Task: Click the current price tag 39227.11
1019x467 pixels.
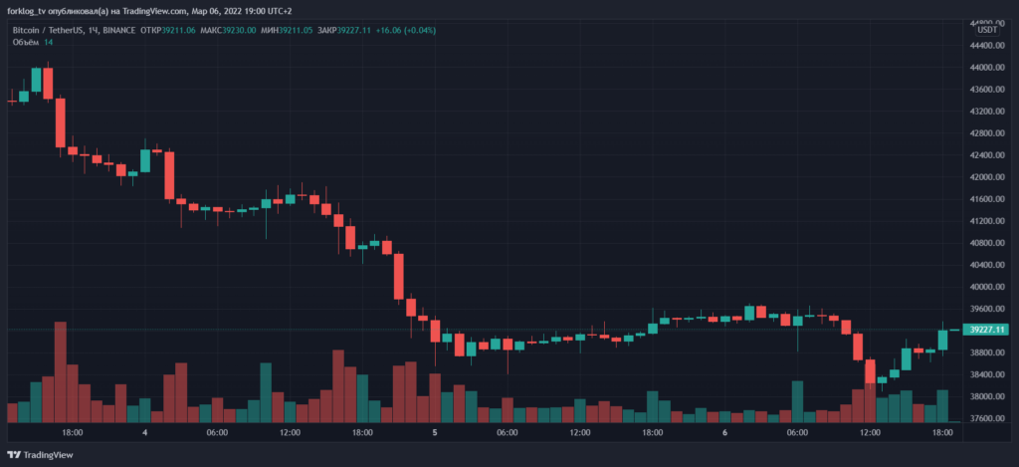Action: [x=987, y=330]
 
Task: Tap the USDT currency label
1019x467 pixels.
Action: [x=987, y=30]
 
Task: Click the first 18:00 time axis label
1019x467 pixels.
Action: [x=72, y=433]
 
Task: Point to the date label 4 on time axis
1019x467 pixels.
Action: [x=145, y=433]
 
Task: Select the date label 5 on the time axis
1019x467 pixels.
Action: [x=435, y=433]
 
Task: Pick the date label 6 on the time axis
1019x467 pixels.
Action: [x=724, y=433]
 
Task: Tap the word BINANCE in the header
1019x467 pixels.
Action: [x=119, y=30]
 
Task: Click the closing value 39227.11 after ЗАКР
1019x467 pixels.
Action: [x=353, y=30]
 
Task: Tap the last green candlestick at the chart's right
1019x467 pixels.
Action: [x=941, y=341]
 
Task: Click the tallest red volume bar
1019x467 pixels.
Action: [x=60, y=371]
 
